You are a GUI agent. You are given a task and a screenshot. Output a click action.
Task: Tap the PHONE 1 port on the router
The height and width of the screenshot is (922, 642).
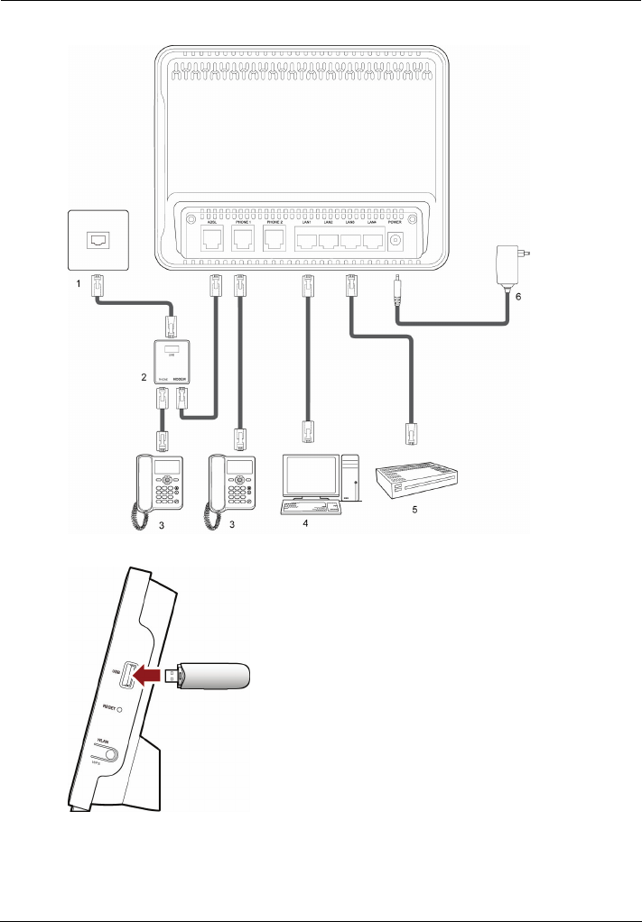click(x=241, y=239)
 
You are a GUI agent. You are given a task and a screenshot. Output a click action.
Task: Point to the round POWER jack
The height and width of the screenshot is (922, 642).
click(x=395, y=241)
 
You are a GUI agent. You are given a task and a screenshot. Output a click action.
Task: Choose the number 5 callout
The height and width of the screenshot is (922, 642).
click(x=415, y=510)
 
